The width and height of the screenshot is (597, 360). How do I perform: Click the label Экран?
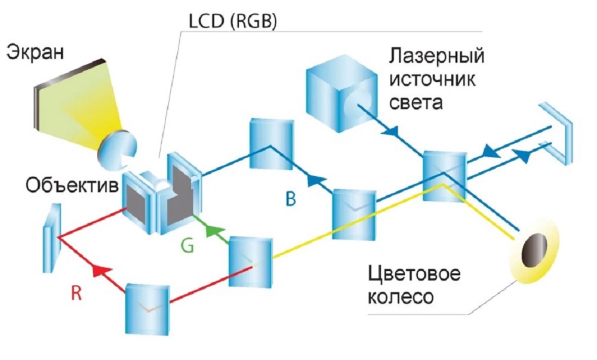(x=35, y=51)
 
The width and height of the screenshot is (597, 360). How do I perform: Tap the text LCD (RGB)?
(x=233, y=21)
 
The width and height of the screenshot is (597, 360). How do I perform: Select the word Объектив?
(x=72, y=185)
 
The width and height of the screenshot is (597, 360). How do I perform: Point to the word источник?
(x=432, y=80)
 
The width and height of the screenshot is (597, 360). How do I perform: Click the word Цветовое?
(x=414, y=274)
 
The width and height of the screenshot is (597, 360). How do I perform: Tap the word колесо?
(x=401, y=297)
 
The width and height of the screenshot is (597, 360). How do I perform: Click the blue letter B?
(x=291, y=199)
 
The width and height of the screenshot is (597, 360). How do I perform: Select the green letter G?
(x=187, y=245)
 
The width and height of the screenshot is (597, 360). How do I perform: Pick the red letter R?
(x=76, y=293)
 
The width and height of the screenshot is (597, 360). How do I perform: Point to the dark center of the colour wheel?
(x=534, y=250)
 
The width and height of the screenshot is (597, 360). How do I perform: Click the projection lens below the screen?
(x=116, y=150)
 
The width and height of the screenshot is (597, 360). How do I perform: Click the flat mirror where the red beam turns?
(x=52, y=238)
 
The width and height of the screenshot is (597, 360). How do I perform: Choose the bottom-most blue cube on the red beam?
(x=147, y=309)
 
